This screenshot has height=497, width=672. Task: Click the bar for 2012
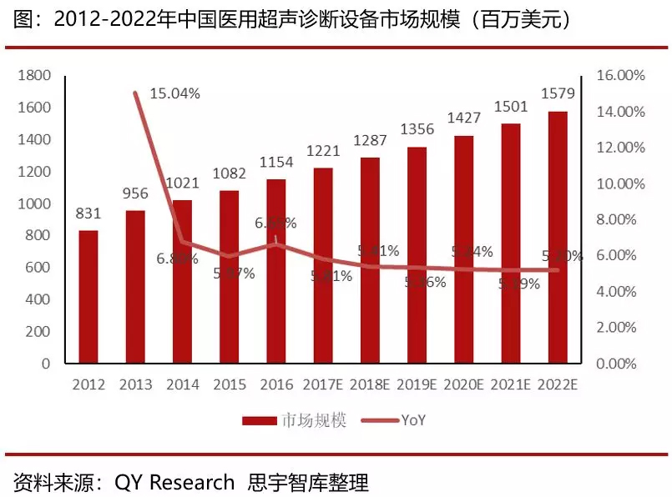click(88, 297)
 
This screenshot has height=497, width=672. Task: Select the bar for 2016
click(276, 271)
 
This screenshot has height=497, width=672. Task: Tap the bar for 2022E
click(558, 237)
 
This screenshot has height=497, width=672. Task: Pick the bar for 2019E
click(417, 255)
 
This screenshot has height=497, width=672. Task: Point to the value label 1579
click(558, 93)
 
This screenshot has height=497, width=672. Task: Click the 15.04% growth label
click(174, 93)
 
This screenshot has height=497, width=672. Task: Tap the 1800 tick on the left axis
click(35, 76)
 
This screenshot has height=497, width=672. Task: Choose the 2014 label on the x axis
click(182, 385)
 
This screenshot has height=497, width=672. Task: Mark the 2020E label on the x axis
click(463, 385)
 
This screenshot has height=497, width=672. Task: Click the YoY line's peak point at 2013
click(135, 93)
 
